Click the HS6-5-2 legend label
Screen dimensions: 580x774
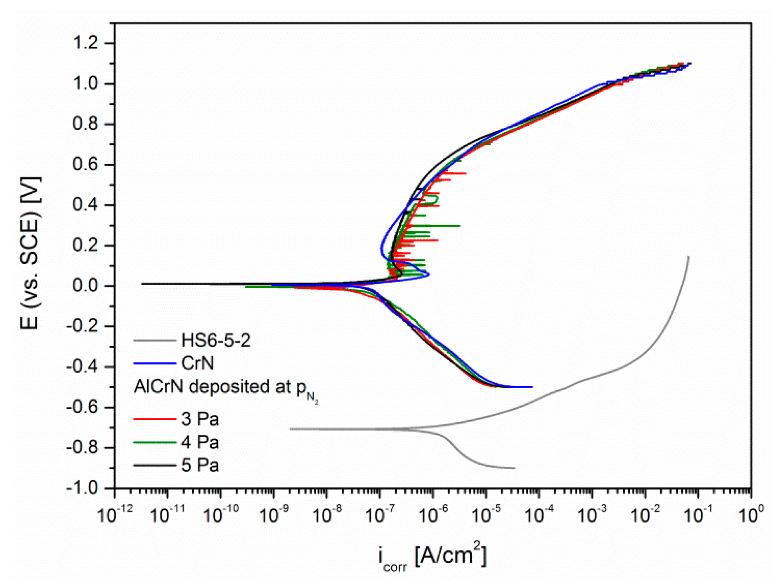tap(216, 341)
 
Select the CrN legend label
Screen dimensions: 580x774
tap(197, 363)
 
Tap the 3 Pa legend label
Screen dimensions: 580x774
tap(200, 419)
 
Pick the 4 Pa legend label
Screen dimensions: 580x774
tap(200, 442)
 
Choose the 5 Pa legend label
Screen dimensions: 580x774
tap(200, 465)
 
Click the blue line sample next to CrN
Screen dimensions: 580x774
tap(154, 363)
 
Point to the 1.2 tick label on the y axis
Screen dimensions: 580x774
tap(85, 43)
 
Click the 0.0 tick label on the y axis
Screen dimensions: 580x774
tap(85, 286)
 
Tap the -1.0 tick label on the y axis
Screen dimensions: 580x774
tap(82, 488)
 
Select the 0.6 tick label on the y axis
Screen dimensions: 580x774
tap(85, 165)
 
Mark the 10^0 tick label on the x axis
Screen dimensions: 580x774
tap(751, 514)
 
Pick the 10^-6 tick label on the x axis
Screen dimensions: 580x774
tap(433, 514)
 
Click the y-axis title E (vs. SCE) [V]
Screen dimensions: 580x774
tap(30, 253)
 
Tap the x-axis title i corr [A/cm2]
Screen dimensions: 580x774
tap(432, 556)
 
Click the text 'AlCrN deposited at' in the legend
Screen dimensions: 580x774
tap(212, 387)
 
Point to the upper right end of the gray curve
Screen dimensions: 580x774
tap(688, 257)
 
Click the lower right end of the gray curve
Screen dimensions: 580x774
tap(514, 468)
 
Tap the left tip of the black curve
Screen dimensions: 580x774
tap(142, 284)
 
